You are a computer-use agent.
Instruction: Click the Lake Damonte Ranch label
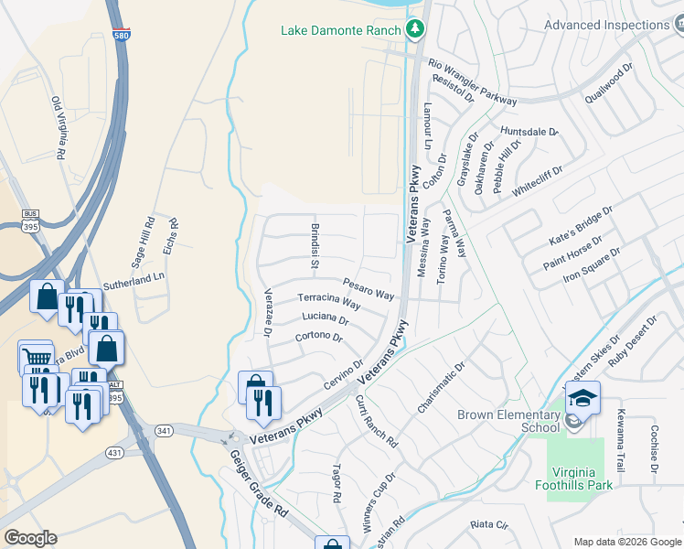(340, 30)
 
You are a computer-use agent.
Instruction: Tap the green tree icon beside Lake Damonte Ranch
(416, 29)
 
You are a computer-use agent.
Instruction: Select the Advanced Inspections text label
(606, 25)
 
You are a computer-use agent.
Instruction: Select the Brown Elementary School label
(508, 421)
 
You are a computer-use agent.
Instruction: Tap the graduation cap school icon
(582, 398)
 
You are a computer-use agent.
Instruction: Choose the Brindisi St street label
(314, 246)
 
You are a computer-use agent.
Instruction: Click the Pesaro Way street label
(369, 289)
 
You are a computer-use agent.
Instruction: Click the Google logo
(30, 537)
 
